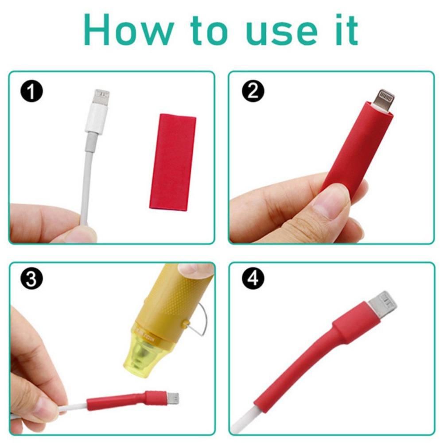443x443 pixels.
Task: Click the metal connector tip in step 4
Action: (384, 305)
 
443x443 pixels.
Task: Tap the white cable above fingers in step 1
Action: (87, 177)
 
